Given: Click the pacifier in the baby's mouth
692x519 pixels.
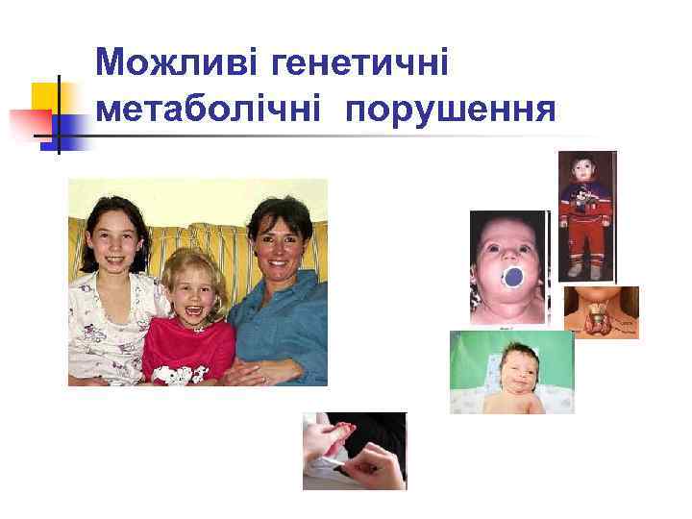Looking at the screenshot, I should click(512, 278).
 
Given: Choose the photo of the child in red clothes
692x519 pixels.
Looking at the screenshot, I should click(587, 216).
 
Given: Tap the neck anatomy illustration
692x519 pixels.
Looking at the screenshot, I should click(602, 311).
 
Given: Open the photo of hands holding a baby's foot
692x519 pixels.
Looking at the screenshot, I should click(355, 451).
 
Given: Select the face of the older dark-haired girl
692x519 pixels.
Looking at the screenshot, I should click(113, 240).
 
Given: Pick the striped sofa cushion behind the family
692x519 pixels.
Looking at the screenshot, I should click(207, 240).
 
